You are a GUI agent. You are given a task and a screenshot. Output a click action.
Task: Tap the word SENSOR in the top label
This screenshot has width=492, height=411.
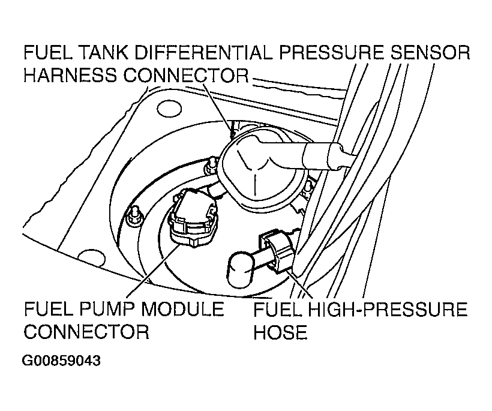(429, 53)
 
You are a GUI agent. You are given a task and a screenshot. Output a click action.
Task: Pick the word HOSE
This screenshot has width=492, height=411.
(280, 332)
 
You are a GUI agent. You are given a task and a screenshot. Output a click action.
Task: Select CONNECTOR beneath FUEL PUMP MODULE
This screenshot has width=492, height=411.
(86, 332)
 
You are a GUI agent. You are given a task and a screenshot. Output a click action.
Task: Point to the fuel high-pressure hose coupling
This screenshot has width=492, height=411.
(277, 248)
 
